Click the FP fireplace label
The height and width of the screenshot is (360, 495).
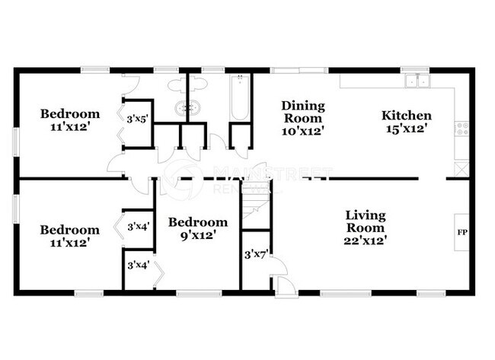tap(461, 231)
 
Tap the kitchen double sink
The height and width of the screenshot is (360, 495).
tap(417, 81)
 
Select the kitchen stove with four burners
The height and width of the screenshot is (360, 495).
tap(461, 130)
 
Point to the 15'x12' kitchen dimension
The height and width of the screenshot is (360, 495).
tap(406, 129)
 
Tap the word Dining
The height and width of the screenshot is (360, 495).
tap(303, 106)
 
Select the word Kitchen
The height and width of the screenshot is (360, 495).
tap(406, 116)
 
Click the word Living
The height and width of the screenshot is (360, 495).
tap(366, 215)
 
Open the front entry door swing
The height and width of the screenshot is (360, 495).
tap(283, 286)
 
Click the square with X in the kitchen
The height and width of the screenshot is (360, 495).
tap(461, 169)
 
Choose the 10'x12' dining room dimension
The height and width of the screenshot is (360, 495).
tap(303, 130)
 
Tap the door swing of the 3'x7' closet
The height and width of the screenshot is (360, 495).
tap(278, 266)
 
